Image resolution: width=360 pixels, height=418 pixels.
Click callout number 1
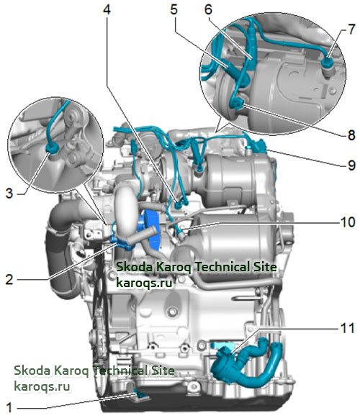click(9, 408)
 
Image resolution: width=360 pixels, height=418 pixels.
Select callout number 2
click(9, 279)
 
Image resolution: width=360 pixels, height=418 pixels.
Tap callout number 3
click(9, 194)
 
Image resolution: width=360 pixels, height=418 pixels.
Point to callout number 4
click(107, 10)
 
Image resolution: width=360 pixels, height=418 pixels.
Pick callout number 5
click(174, 10)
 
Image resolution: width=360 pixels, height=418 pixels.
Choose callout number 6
click(208, 10)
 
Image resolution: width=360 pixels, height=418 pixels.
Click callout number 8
click(351, 135)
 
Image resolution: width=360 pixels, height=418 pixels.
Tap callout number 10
click(348, 222)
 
